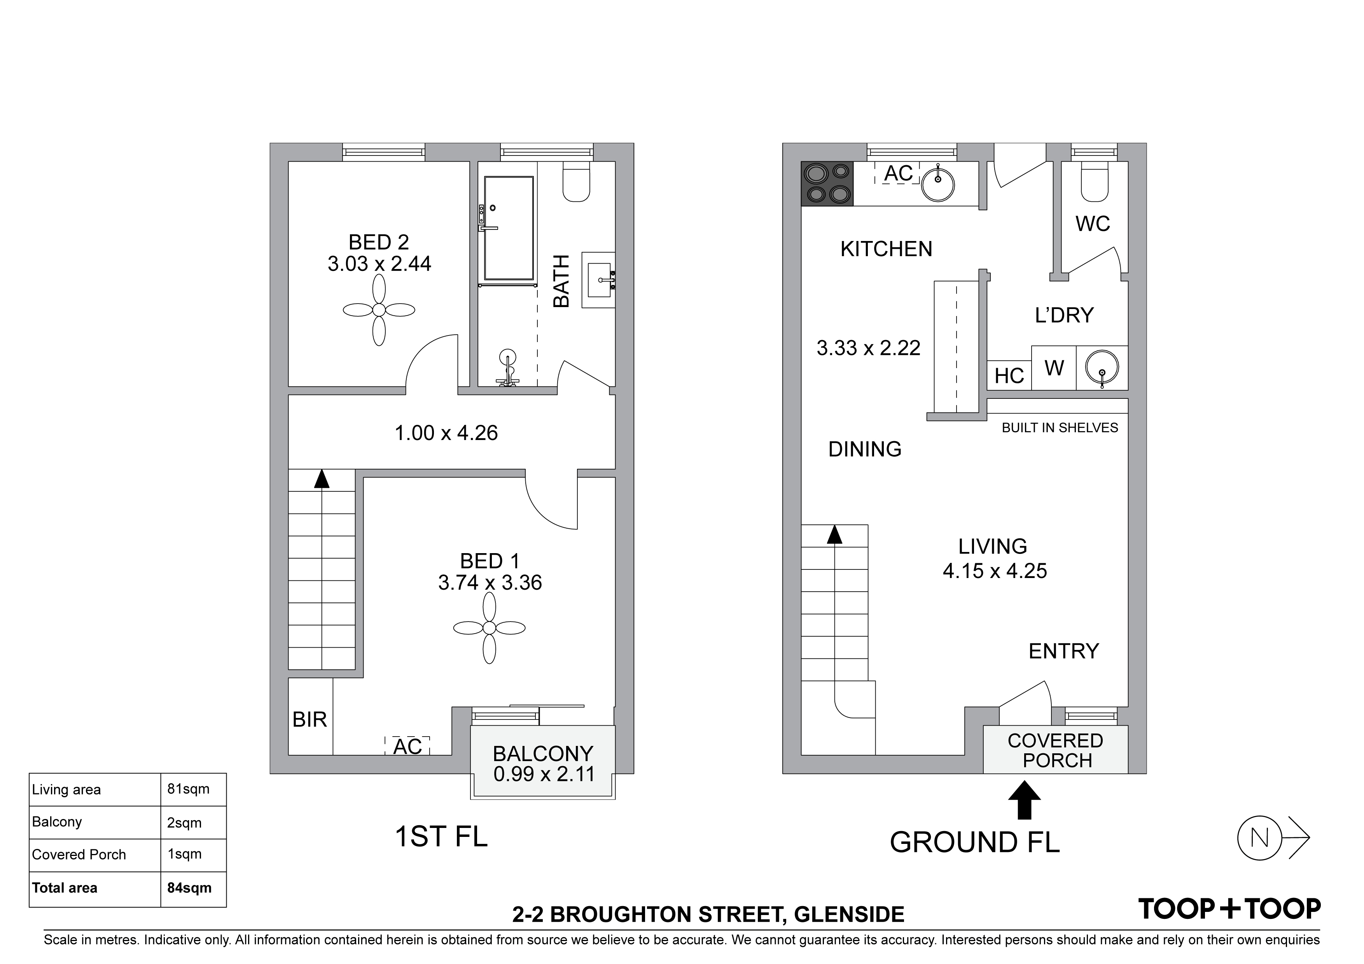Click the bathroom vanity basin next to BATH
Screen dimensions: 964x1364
point(599,280)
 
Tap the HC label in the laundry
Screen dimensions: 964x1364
point(1009,376)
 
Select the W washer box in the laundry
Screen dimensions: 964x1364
point(1054,368)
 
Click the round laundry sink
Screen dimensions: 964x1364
point(1102,368)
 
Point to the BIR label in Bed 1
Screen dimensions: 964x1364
point(310,720)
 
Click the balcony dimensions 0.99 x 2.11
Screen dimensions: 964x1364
point(543,774)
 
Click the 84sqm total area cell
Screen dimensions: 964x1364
point(189,888)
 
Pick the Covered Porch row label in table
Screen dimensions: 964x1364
point(79,855)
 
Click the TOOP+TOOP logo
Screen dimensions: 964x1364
point(1229,909)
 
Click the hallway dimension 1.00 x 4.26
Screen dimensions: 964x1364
point(446,433)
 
